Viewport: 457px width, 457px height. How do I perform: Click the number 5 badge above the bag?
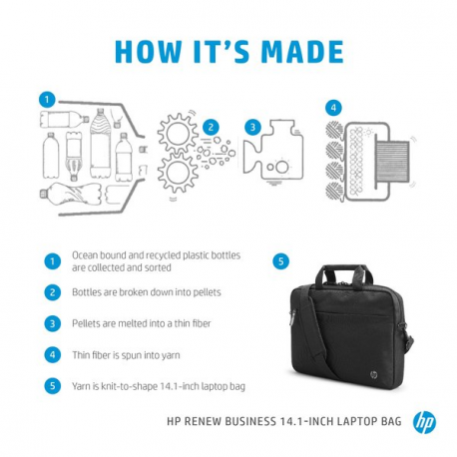(x=281, y=261)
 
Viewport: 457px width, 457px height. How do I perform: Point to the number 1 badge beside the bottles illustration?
(x=46, y=100)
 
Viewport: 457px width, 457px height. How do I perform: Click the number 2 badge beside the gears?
(x=212, y=127)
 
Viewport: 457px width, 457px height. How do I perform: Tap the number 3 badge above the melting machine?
(x=253, y=127)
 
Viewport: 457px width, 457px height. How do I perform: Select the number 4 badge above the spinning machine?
(x=333, y=107)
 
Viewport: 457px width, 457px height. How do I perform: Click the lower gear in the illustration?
(x=181, y=177)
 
